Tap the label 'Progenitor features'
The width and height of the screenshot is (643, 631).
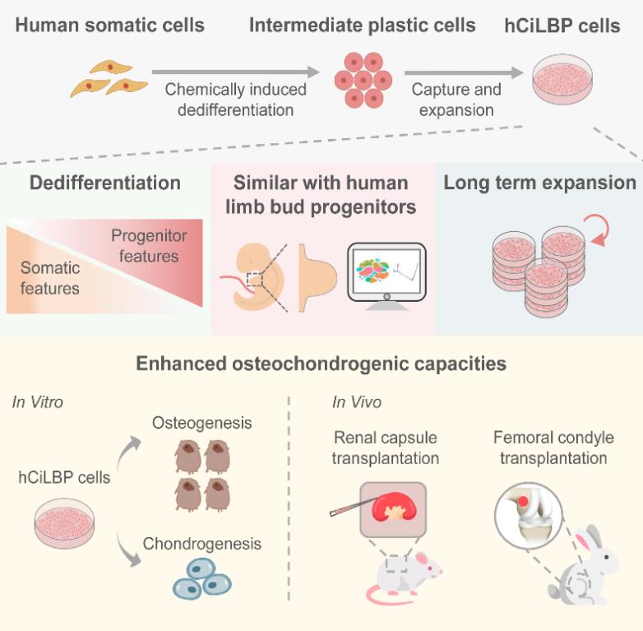(x=149, y=246)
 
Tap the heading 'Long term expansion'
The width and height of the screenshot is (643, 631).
(x=540, y=183)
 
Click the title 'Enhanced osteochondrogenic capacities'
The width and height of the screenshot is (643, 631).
(x=321, y=362)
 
